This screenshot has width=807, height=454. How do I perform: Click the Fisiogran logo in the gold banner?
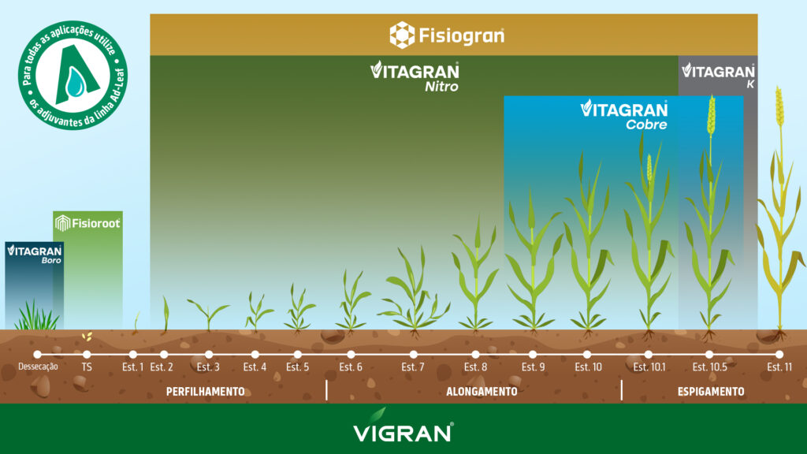[x=447, y=35]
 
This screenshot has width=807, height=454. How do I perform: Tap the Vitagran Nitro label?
[x=415, y=76]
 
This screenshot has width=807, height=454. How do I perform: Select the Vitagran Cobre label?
[x=624, y=114]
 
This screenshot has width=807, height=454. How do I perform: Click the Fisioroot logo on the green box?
[x=87, y=224]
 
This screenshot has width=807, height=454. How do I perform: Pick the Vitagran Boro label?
[x=34, y=254]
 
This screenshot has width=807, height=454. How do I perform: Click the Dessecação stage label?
[x=38, y=367]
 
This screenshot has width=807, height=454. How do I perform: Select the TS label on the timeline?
[x=87, y=367]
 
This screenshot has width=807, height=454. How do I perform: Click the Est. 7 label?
[x=413, y=367]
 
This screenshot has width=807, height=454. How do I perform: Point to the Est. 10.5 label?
[x=709, y=367]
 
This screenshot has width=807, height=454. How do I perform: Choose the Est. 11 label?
[x=779, y=367]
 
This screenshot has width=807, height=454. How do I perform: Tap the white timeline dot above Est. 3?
[x=209, y=355]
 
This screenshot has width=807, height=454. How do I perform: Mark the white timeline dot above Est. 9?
[x=533, y=355]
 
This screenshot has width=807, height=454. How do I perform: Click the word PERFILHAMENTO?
[x=205, y=391]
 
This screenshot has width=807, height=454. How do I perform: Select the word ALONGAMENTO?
[x=482, y=391]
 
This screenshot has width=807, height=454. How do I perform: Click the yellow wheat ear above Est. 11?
[x=779, y=106]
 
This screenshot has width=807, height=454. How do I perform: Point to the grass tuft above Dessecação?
[x=35, y=317]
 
